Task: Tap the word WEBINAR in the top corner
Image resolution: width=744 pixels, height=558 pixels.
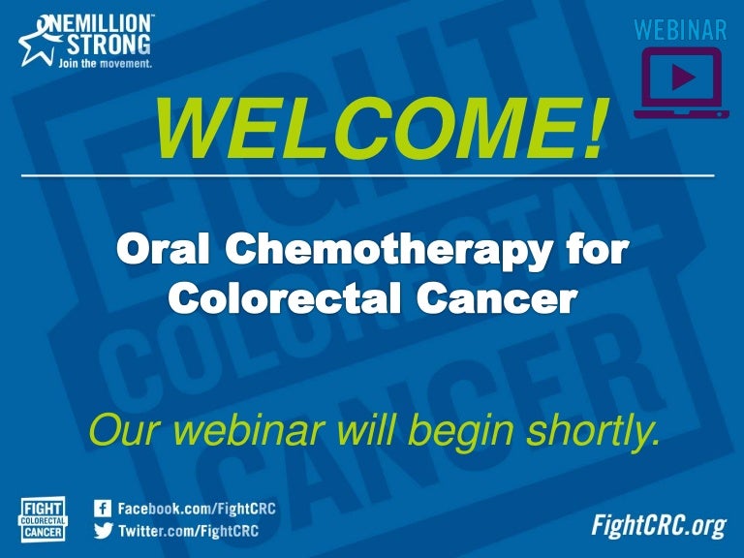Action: point(679,30)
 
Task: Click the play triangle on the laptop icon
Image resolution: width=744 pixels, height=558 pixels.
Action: point(680,77)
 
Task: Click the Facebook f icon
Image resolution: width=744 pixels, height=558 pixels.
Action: point(103,508)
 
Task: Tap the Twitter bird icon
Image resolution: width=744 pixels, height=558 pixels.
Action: point(103,530)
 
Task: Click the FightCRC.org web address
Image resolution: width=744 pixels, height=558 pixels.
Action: point(659,525)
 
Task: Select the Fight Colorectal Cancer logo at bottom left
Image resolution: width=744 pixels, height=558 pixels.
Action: point(43,521)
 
